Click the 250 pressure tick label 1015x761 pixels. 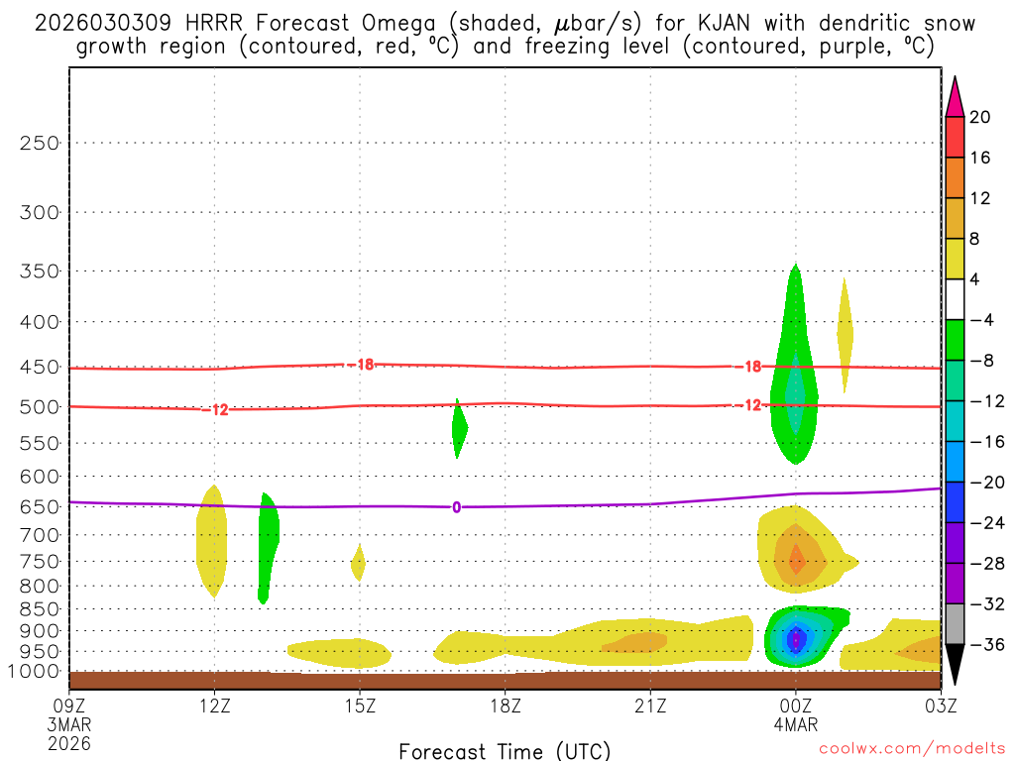point(40,143)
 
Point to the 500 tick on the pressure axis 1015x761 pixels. point(40,406)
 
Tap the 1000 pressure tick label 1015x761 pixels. point(36,672)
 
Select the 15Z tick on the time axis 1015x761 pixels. point(360,706)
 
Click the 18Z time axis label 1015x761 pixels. point(505,706)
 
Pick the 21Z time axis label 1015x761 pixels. point(649,706)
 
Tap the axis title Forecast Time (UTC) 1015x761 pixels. point(505,750)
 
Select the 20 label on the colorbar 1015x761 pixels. point(980,117)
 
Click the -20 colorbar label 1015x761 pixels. point(983,483)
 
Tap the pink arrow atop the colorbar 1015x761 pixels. point(954,96)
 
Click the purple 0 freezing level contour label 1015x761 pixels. point(456,507)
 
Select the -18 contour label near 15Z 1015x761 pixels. point(361,365)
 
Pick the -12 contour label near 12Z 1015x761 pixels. point(217,409)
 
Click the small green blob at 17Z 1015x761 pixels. point(459,429)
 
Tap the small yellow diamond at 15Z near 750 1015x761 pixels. point(358,562)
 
